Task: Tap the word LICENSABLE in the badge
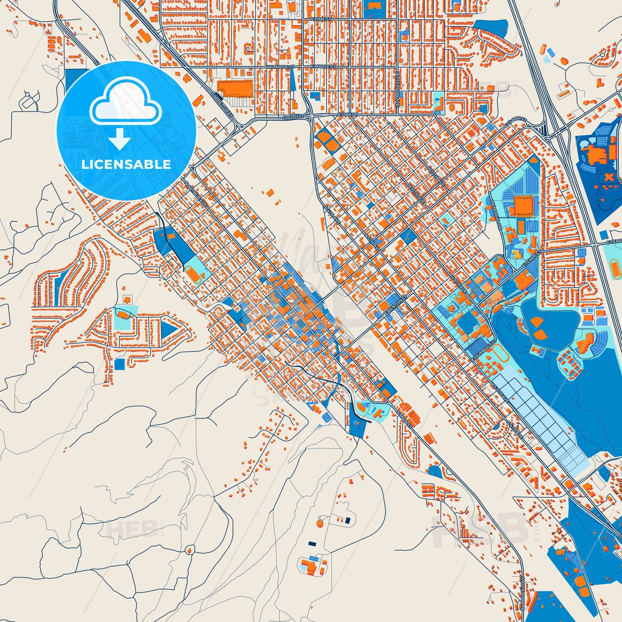[126, 164]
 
